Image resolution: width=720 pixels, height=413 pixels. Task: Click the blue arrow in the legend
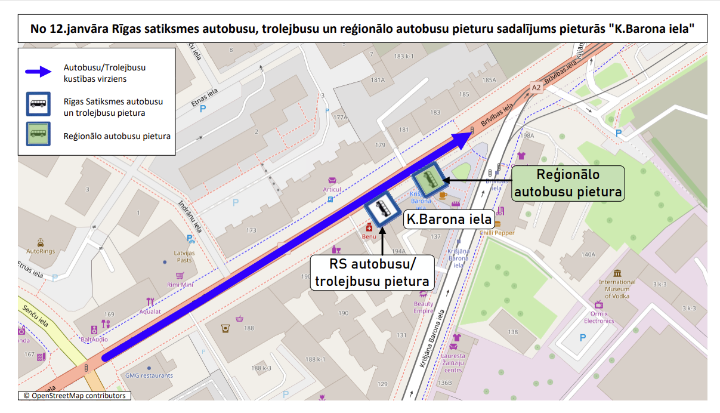pyautogui.click(x=41, y=72)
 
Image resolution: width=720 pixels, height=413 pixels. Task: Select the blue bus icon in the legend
pyautogui.click(x=38, y=104)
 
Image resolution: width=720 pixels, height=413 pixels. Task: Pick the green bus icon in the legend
pyautogui.click(x=38, y=134)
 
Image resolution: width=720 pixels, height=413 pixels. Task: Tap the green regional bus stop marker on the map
pyautogui.click(x=428, y=178)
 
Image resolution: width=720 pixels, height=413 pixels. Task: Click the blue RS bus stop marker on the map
pyautogui.click(x=382, y=208)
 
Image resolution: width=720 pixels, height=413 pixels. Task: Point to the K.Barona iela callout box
pyautogui.click(x=449, y=218)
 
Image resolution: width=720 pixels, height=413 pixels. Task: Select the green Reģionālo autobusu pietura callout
pyautogui.click(x=568, y=183)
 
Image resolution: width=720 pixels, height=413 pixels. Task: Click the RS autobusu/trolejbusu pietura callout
pyautogui.click(x=372, y=273)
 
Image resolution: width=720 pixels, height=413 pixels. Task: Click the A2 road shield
pyautogui.click(x=536, y=88)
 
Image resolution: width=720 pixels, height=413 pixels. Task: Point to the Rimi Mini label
pyautogui.click(x=180, y=285)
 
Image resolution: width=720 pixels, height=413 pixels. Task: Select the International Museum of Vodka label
pyautogui.click(x=617, y=289)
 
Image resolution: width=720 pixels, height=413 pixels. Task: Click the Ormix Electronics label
pyautogui.click(x=599, y=317)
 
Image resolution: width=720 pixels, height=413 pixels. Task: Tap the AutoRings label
pyautogui.click(x=41, y=251)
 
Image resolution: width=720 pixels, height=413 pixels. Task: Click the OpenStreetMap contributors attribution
pyautogui.click(x=75, y=396)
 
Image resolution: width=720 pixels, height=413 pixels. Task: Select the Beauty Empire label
pyautogui.click(x=424, y=307)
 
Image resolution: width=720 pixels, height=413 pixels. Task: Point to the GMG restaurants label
pyautogui.click(x=149, y=375)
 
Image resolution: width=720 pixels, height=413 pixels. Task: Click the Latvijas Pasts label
pyautogui.click(x=184, y=256)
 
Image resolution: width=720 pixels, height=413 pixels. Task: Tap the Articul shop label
pyautogui.click(x=332, y=190)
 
